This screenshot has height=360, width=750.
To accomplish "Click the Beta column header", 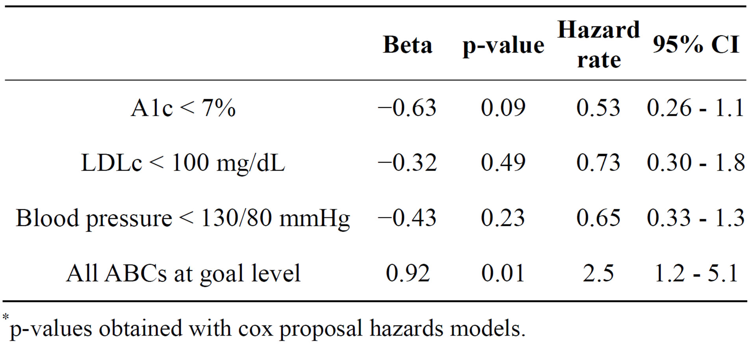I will [x=407, y=45].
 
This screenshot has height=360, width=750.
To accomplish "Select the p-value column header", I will [x=503, y=45].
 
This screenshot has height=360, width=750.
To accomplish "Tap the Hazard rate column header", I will [x=598, y=45].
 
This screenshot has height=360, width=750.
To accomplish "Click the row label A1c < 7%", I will [x=183, y=108].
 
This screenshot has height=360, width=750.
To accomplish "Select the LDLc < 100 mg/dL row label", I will [x=183, y=163].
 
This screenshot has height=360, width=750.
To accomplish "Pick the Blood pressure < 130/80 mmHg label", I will [x=183, y=218].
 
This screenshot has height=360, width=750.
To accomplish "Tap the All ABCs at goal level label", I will [x=183, y=273].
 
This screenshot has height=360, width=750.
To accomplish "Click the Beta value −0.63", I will [x=407, y=108].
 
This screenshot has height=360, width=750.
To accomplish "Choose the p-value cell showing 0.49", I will [x=503, y=163].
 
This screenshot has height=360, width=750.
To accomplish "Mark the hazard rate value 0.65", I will [x=598, y=218].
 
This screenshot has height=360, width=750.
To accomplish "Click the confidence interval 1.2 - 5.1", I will [x=695, y=273].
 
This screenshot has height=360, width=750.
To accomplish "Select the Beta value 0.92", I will [x=407, y=273].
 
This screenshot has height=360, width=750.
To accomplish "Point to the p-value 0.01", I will [x=503, y=273].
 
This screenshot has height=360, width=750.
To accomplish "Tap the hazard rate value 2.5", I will [x=598, y=273].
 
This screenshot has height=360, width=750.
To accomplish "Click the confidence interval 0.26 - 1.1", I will [x=695, y=108].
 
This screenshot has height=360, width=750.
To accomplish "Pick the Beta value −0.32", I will [x=407, y=163].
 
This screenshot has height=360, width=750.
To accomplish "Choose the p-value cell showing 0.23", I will [x=503, y=218].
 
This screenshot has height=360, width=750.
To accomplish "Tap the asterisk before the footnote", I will [x=6, y=317].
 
